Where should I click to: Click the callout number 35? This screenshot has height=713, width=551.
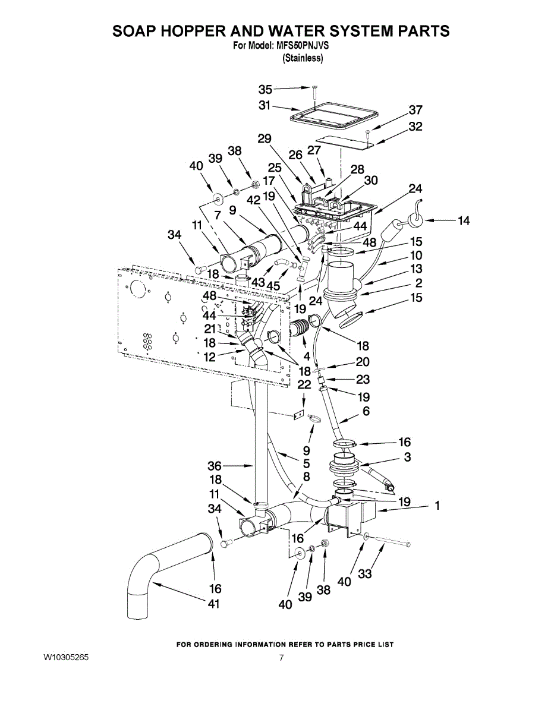265,90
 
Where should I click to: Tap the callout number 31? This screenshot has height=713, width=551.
265,105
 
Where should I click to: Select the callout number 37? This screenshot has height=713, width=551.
415,110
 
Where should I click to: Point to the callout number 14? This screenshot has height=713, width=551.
464,221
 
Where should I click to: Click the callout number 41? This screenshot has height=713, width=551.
214,604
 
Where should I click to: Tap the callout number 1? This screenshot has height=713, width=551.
437,506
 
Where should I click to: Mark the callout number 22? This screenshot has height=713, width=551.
304,384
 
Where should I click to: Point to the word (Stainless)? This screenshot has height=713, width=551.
303,58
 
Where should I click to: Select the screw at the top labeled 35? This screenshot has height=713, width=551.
315,90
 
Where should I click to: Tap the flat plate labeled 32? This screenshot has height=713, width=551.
342,140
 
